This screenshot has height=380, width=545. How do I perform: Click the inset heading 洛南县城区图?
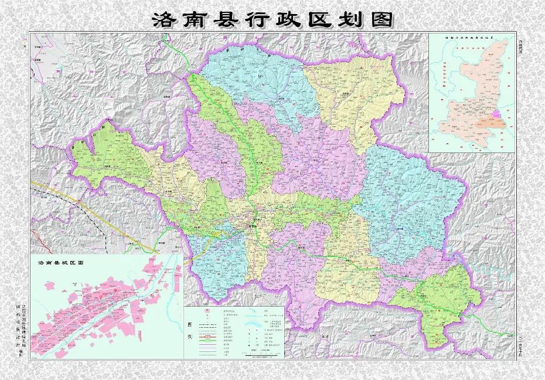point(61,263)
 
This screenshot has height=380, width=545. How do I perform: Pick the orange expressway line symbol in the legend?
point(208,338)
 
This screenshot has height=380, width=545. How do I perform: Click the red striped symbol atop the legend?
point(208,311)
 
